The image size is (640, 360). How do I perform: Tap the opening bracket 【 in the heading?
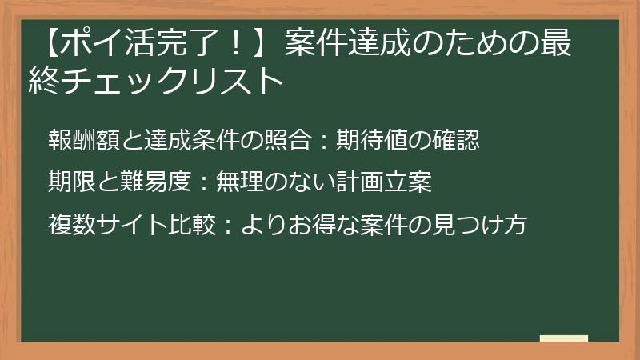(x=53, y=42)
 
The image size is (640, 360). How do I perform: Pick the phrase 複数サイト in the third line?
(x=107, y=225)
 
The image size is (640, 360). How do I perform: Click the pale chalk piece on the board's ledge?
(x=563, y=338)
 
